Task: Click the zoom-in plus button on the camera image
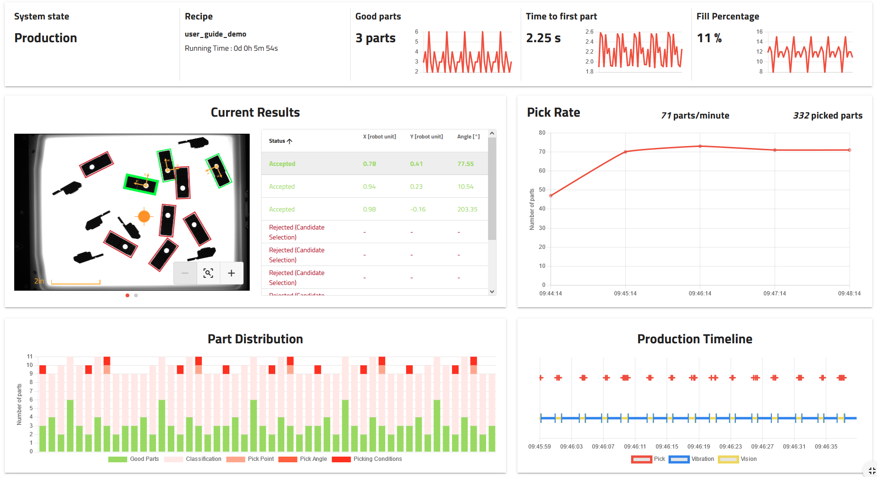(231, 273)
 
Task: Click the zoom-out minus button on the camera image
(185, 273)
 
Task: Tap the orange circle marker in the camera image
(144, 217)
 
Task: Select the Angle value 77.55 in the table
(465, 164)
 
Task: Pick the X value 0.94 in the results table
(369, 186)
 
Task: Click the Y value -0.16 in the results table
(417, 209)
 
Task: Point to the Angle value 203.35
(467, 209)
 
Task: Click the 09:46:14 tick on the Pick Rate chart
(700, 294)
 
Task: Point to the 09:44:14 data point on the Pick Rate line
(551, 195)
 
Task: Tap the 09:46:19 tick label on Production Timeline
(699, 447)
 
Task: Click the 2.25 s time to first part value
(543, 38)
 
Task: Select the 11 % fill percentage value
(709, 38)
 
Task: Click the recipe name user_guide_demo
(216, 34)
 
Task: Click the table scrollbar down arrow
(492, 292)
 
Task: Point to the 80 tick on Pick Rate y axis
(542, 133)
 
